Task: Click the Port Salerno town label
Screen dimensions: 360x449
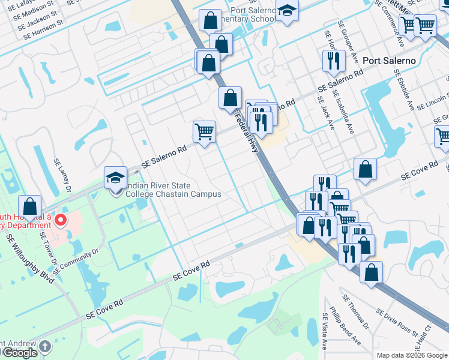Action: click(388, 61)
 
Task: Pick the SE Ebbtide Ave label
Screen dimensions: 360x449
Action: click(402, 88)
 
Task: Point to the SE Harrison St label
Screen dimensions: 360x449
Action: click(43, 31)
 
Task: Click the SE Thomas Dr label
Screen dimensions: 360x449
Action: click(355, 313)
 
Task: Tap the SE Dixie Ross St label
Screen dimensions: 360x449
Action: click(397, 322)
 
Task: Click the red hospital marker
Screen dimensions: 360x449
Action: click(60, 220)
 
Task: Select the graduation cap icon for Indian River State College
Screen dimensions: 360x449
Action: click(115, 178)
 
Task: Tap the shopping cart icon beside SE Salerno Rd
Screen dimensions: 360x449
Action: click(204, 131)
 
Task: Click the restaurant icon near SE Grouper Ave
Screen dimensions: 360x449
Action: click(332, 61)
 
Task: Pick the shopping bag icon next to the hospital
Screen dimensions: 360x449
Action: click(29, 206)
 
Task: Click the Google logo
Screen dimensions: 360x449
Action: click(19, 353)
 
